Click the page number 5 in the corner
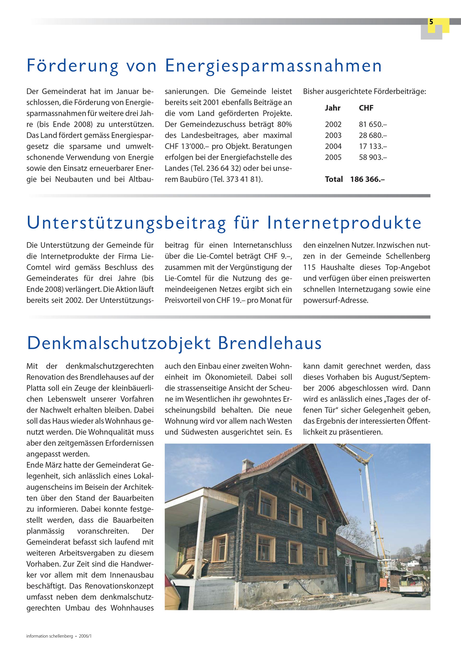pos(431,22)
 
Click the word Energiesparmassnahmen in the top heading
pos(273,66)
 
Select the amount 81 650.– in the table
pos(373,124)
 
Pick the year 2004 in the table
pos(333,146)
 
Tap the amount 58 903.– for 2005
pos(373,157)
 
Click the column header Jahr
pos(333,108)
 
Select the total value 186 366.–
pos(368,180)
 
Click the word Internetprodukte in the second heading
pos(344,223)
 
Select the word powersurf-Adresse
pos(335,300)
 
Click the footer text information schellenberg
pos(49,636)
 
